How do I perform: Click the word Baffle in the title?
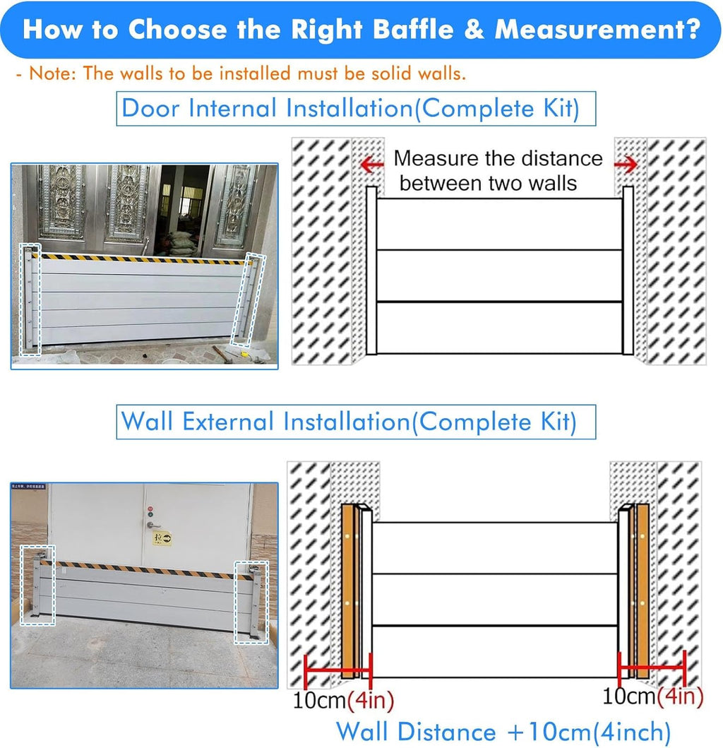pyautogui.click(x=413, y=29)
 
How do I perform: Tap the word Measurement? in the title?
pyautogui.click(x=597, y=29)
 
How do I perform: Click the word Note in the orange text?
pyautogui.click(x=52, y=73)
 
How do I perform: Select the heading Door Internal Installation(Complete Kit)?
pyautogui.click(x=350, y=108)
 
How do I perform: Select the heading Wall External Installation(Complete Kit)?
pyautogui.click(x=349, y=422)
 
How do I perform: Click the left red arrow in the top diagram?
pyautogui.click(x=372, y=165)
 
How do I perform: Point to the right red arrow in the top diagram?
pyautogui.click(x=626, y=165)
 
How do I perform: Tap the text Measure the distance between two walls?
pyautogui.click(x=498, y=171)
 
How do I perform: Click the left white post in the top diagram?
pyautogui.click(x=371, y=271)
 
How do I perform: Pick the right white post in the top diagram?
pyautogui.click(x=628, y=271)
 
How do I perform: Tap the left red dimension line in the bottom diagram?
pyautogui.click(x=337, y=671)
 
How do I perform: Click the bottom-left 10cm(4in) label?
pyautogui.click(x=343, y=700)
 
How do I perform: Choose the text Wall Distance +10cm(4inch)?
pyautogui.click(x=503, y=731)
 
